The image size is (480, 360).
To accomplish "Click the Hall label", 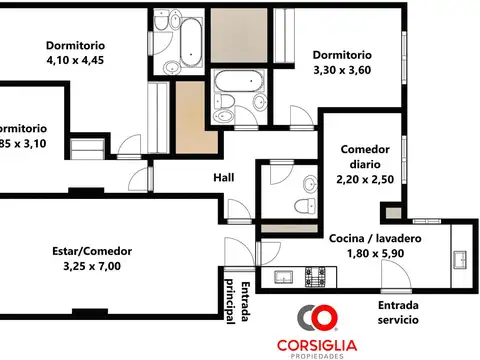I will tap(224, 178).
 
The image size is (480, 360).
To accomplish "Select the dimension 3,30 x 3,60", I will tap(342, 71).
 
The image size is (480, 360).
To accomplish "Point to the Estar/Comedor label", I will tap(91, 251).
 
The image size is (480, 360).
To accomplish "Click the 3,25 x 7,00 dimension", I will tap(91, 267).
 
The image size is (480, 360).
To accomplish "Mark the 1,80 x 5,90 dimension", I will tap(375, 255).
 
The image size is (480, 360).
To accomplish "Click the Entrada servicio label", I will tap(398, 312).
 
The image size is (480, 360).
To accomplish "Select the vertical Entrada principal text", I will tap(240, 303).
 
